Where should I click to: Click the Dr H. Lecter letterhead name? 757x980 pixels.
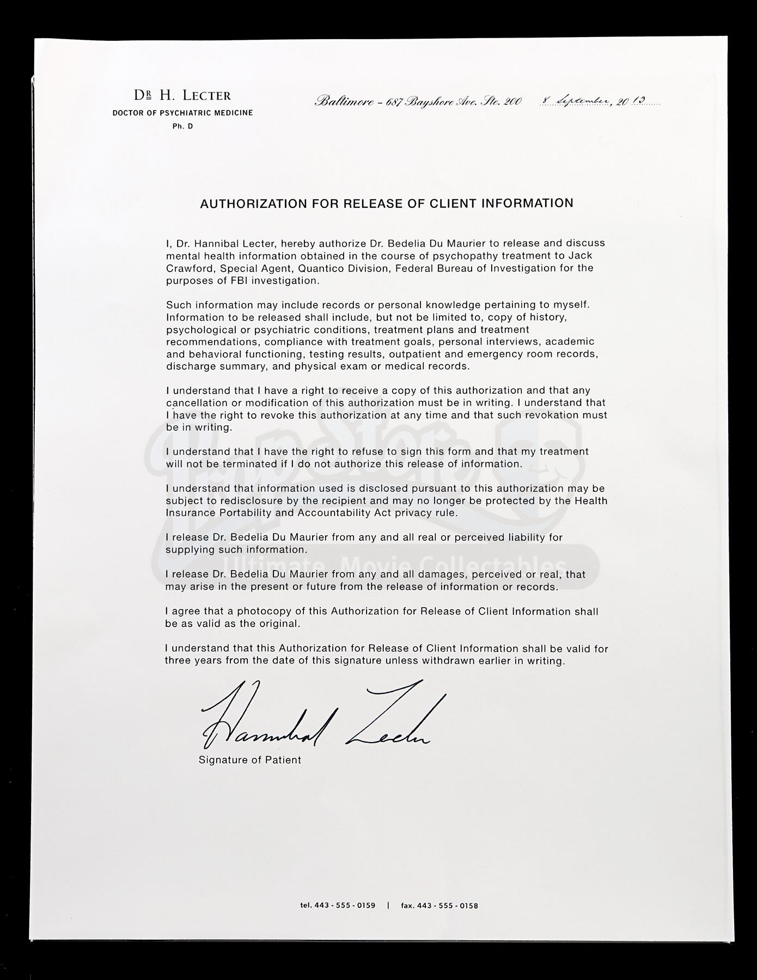coord(182,96)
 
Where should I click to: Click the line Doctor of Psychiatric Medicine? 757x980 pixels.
coord(182,113)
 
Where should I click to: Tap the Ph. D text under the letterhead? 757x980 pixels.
coord(182,126)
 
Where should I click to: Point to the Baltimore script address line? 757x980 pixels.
coord(418,102)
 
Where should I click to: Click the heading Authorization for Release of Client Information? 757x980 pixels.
coord(387,204)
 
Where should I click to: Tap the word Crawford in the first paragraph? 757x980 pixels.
coord(190,268)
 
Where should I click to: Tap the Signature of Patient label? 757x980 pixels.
coord(249,760)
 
